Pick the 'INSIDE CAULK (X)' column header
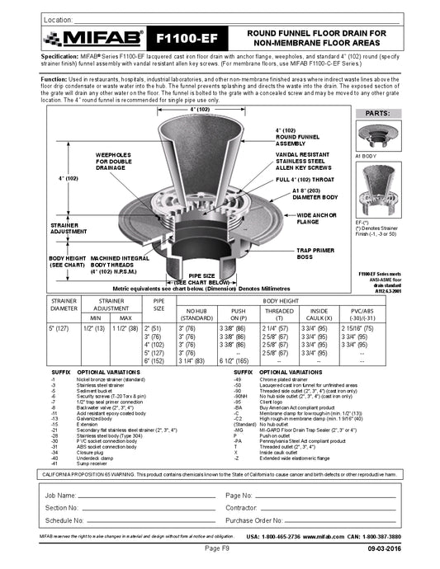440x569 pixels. click(324, 313)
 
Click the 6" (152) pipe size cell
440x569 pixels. click(153, 360)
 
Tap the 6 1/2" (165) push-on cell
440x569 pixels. click(238, 360)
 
